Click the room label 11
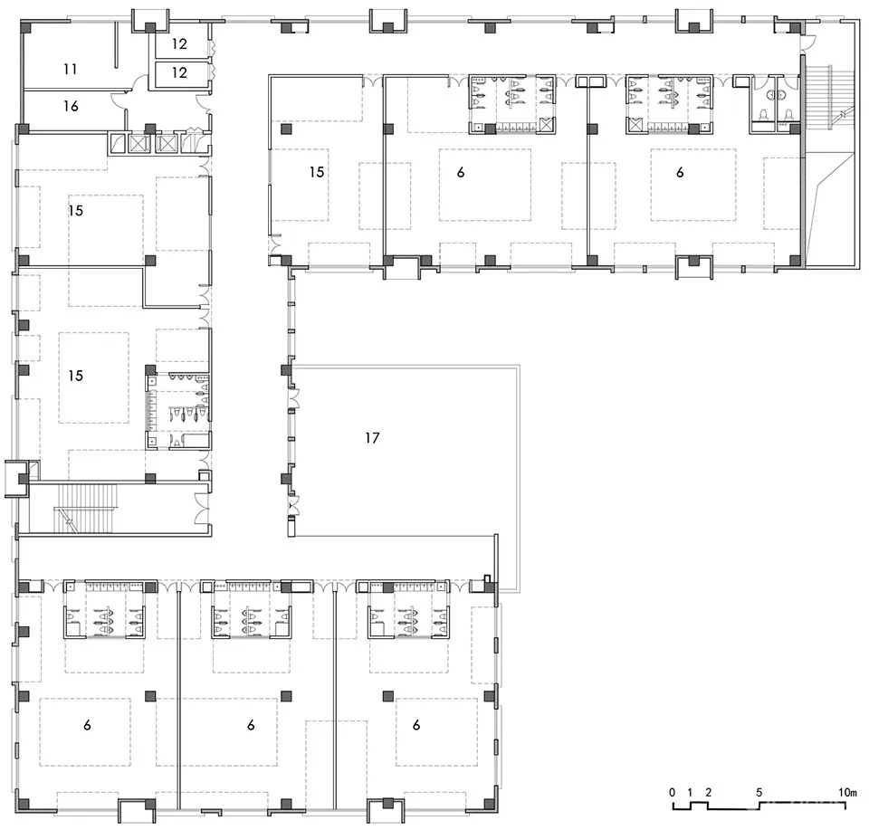[x=70, y=70]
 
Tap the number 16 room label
[x=71, y=106]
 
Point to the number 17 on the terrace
[x=372, y=438]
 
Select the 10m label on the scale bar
[x=847, y=792]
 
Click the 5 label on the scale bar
[x=759, y=792]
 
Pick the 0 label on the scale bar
[x=673, y=792]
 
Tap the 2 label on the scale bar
[x=708, y=792]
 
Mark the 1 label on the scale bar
[x=690, y=792]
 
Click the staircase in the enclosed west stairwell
[x=86, y=508]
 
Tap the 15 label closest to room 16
[x=76, y=211]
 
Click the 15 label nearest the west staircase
[x=75, y=376]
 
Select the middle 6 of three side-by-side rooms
[x=251, y=725]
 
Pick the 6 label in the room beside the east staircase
[x=680, y=172]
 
